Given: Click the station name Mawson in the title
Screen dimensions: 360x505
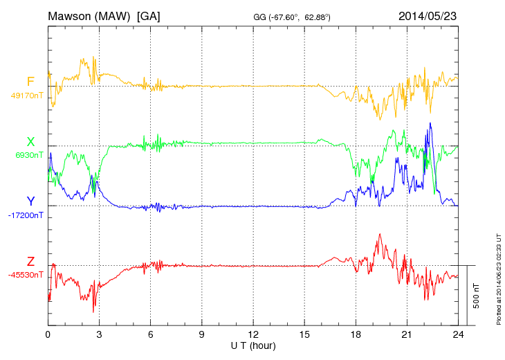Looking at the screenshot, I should (x=69, y=15).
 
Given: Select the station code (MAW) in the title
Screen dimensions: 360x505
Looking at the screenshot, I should (x=113, y=15).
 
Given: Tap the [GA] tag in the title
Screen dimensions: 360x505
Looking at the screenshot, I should (x=149, y=15).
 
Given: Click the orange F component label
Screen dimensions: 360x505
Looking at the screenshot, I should (x=30, y=82).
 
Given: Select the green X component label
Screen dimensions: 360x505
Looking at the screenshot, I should (x=30, y=141).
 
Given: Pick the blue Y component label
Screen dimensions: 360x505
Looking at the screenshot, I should (x=30, y=201).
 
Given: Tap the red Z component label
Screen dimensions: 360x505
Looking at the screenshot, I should (x=30, y=261).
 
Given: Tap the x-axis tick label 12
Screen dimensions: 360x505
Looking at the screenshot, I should (x=253, y=334).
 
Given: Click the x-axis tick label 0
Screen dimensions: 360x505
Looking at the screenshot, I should (x=48, y=334).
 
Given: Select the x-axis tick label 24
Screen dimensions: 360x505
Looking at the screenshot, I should (x=458, y=334).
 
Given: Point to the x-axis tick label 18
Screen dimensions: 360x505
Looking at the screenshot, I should (x=356, y=334).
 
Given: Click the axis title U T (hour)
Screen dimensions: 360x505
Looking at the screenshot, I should (x=253, y=345).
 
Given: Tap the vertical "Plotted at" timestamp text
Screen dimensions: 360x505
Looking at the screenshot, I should (x=499, y=277).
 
